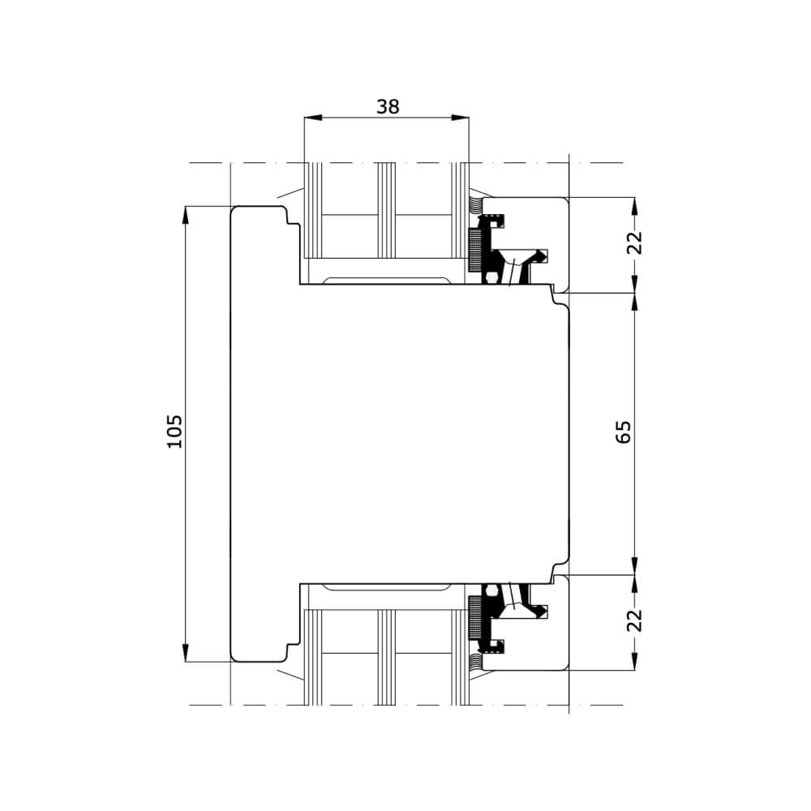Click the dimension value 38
(x=388, y=106)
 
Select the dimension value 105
(x=175, y=431)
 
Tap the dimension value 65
(x=623, y=431)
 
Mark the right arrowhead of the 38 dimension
(x=460, y=118)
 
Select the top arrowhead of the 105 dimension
(x=186, y=215)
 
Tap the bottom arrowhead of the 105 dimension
(x=186, y=653)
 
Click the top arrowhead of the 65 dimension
(x=635, y=303)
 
